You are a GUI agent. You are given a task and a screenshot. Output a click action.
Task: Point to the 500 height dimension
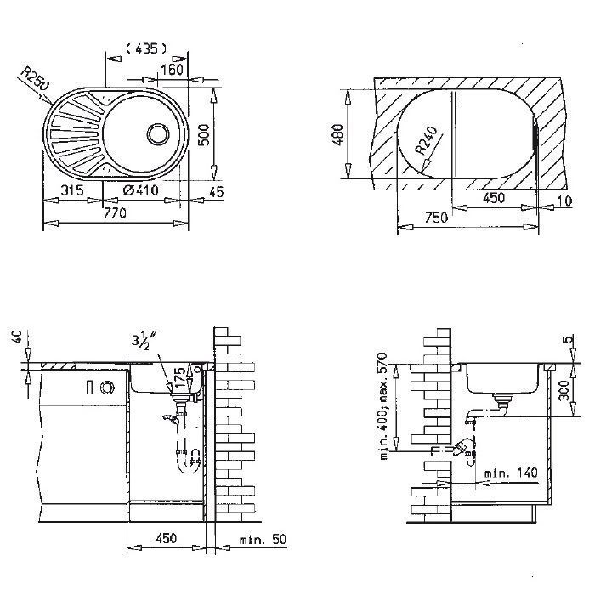pos(203,133)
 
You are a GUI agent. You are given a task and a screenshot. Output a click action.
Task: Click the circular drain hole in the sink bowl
pos(158,133)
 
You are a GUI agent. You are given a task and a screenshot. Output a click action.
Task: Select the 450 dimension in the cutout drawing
pos(494,197)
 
